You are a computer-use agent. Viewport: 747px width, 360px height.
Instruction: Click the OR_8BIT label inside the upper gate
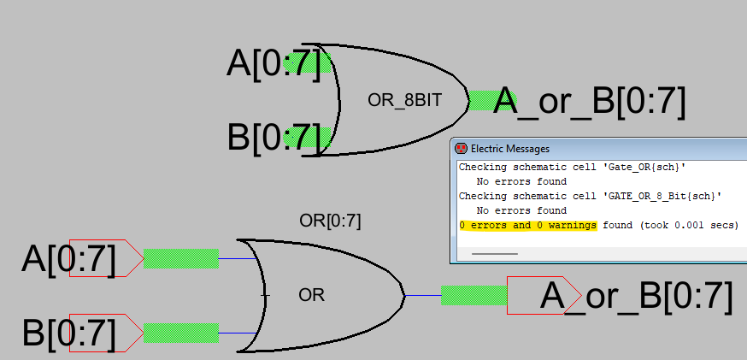(404, 100)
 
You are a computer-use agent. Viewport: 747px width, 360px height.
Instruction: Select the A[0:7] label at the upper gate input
(274, 63)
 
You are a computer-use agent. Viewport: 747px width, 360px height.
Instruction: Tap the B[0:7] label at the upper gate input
(274, 138)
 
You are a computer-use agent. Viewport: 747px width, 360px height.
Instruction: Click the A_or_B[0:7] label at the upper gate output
(590, 102)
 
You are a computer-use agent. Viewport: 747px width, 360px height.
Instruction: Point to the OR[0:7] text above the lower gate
(330, 221)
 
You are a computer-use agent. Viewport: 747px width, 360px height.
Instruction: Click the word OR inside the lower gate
(312, 296)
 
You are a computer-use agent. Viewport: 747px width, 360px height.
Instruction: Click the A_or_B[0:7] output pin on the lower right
(620, 296)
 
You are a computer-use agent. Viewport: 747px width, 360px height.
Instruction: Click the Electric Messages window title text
(510, 149)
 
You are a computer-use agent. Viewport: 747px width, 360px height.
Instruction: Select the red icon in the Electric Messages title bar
(461, 149)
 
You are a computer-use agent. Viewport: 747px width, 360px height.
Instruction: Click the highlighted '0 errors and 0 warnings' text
(527, 226)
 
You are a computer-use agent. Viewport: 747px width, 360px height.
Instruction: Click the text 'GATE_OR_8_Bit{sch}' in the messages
(666, 196)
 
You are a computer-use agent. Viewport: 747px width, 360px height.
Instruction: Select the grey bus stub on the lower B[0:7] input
(180, 333)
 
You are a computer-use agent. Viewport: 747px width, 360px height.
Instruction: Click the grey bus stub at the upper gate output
(481, 101)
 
